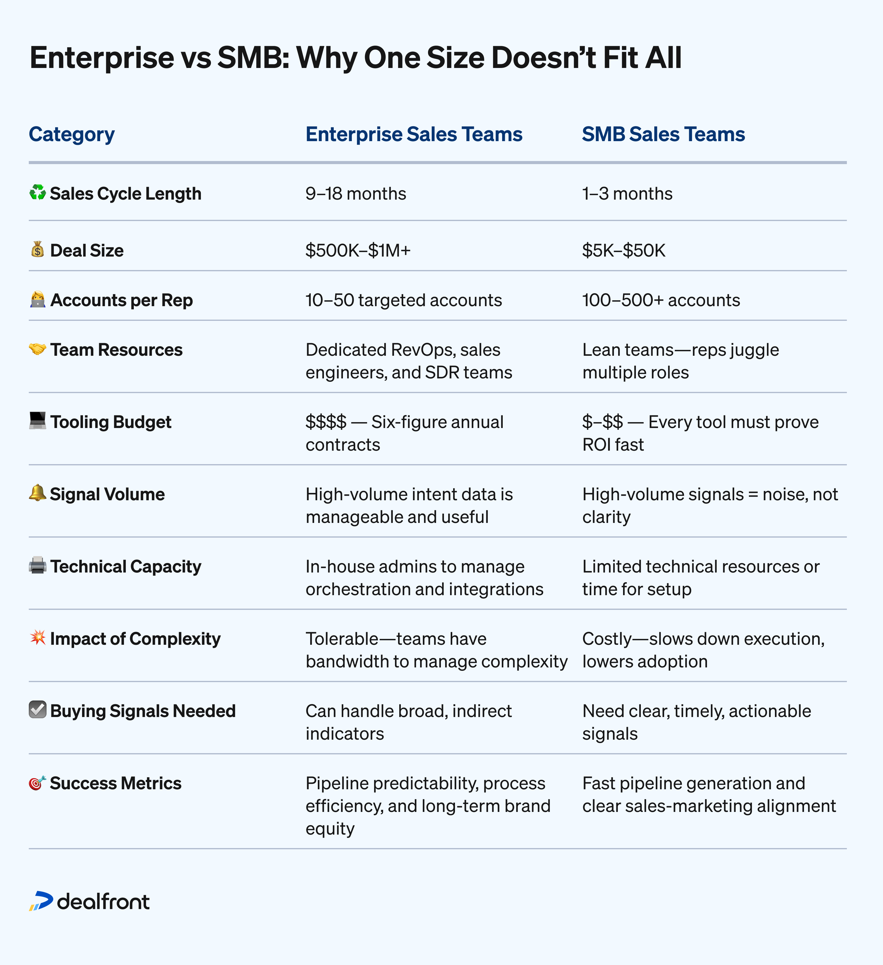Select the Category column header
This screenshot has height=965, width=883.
pyautogui.click(x=72, y=134)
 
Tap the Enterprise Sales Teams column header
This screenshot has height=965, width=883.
pyautogui.click(x=414, y=134)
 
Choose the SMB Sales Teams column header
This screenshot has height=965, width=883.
pyautogui.click(x=663, y=134)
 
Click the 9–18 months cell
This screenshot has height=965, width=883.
pyautogui.click(x=355, y=194)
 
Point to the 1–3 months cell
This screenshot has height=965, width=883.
pyautogui.click(x=627, y=194)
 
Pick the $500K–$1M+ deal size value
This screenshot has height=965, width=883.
pyautogui.click(x=358, y=250)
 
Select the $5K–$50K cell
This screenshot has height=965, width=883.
pyautogui.click(x=624, y=250)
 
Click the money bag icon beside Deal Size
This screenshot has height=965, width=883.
pyautogui.click(x=37, y=250)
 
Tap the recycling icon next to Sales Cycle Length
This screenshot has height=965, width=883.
pyautogui.click(x=37, y=193)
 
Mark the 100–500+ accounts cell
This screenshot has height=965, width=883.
pyautogui.click(x=661, y=300)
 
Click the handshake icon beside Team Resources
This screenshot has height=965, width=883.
pyautogui.click(x=37, y=349)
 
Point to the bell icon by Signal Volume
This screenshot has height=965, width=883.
pyautogui.click(x=37, y=493)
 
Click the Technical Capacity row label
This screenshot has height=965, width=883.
pyautogui.click(x=126, y=567)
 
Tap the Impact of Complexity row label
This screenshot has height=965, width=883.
pyautogui.click(x=135, y=639)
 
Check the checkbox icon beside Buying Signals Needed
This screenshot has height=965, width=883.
pyautogui.click(x=37, y=710)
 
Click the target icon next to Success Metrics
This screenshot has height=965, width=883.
pyautogui.click(x=37, y=783)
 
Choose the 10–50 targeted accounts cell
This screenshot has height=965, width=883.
pyautogui.click(x=404, y=300)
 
